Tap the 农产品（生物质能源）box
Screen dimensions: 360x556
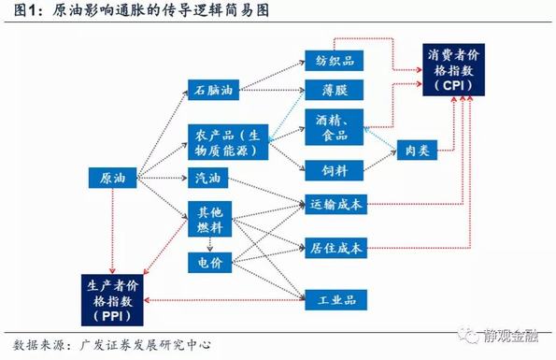pos(227,142)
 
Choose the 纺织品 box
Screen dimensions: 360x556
pos(333,61)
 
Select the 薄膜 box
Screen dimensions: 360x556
pos(333,92)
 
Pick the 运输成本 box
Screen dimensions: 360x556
pos(336,203)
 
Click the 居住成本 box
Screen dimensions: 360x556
pos(336,248)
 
